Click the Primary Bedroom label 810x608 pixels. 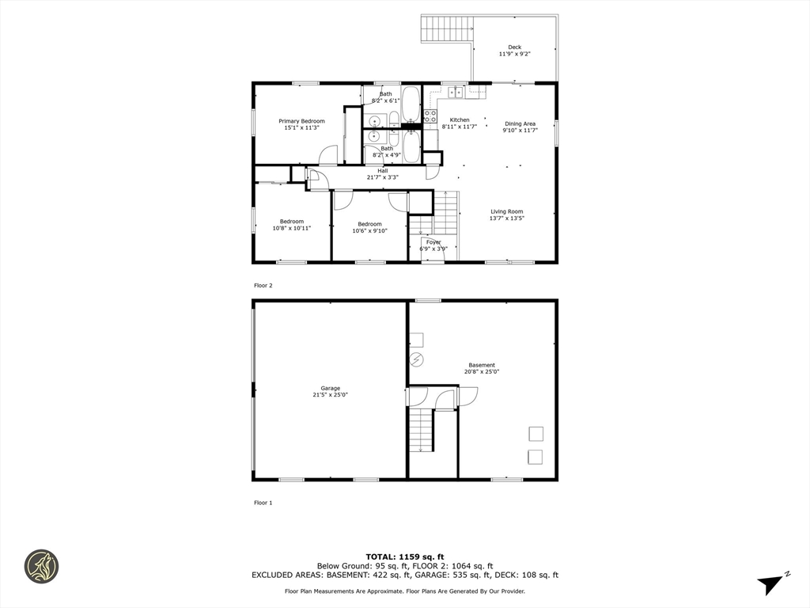point(301,121)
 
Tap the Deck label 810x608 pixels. point(514,47)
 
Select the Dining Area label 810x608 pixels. point(520,123)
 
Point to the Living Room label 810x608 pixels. point(506,211)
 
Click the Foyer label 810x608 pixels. point(433,242)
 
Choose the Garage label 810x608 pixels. point(330,388)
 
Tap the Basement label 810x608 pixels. point(481,365)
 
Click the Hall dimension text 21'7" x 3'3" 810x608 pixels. point(383,177)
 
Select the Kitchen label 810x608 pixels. point(460,120)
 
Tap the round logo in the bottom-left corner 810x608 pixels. point(41,567)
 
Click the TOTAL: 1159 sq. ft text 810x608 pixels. point(404,556)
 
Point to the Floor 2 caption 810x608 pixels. point(263,285)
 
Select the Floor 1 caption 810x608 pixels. point(263,503)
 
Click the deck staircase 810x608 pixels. point(446,28)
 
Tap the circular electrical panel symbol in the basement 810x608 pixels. point(417,360)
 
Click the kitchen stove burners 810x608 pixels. point(430,118)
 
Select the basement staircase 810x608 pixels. point(422,431)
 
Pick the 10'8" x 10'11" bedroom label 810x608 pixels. point(291,225)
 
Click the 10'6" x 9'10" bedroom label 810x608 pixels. point(369,227)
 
